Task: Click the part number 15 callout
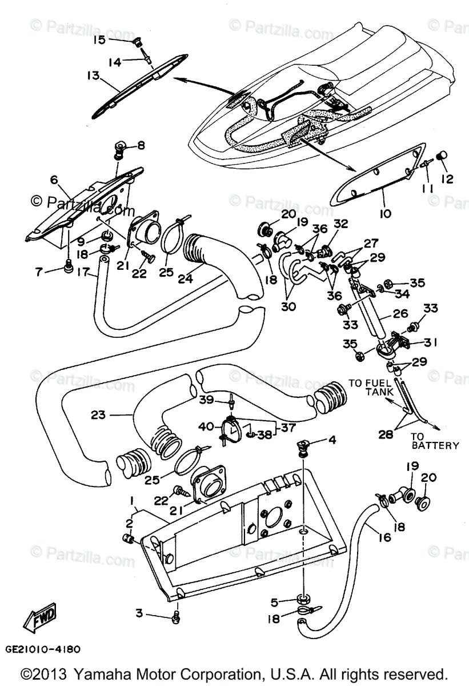point(100,39)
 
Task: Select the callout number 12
point(447,179)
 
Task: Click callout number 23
point(98,414)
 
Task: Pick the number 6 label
point(54,180)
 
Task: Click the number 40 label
point(205,426)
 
